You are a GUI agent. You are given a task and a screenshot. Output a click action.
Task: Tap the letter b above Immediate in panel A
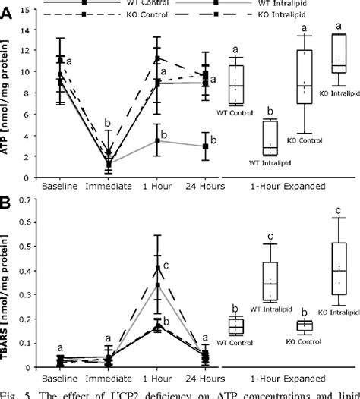pyautogui.click(x=108, y=123)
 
